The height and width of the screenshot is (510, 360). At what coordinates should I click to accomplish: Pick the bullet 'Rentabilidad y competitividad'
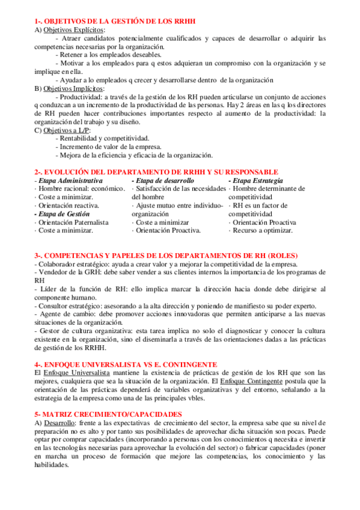(102, 138)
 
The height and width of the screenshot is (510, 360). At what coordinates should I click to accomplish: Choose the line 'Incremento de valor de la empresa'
(108, 147)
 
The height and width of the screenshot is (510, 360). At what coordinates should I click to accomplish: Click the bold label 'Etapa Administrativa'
(70, 180)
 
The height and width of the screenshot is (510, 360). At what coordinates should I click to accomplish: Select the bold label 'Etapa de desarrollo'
(164, 180)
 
